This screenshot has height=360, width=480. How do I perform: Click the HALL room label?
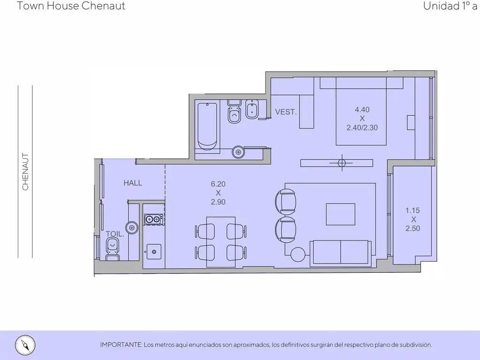[x=133, y=183]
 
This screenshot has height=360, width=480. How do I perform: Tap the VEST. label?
[x=286, y=112]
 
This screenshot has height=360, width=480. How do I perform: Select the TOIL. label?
[x=115, y=234]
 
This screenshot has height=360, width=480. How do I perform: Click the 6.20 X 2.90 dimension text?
[x=218, y=193]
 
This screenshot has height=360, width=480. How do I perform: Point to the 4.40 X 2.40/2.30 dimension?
[x=362, y=119]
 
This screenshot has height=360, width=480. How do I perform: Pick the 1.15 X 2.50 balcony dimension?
[x=412, y=219]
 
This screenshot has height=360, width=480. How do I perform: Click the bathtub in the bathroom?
[x=207, y=127]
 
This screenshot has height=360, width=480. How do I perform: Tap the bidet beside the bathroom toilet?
[x=252, y=109]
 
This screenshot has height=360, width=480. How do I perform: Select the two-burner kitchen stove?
[x=153, y=219]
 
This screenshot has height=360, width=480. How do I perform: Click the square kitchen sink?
[x=154, y=252]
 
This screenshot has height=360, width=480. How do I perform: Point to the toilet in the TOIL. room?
[x=112, y=249]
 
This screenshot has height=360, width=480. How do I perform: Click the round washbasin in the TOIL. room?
[x=132, y=227]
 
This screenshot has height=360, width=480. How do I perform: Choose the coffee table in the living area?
[x=340, y=214]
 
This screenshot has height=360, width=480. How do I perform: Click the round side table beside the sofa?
[x=298, y=255]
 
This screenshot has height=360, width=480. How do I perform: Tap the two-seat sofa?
[x=341, y=253]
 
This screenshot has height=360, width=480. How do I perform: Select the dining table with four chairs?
[x=221, y=242]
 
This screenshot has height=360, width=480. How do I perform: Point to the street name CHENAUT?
[x=25, y=172]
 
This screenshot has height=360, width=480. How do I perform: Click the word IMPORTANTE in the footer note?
[x=121, y=345]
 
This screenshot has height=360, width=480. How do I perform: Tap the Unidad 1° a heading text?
[x=450, y=6]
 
